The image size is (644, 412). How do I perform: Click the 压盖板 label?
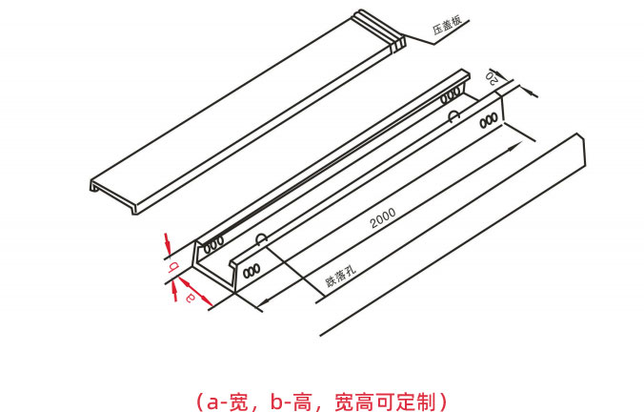(447, 25)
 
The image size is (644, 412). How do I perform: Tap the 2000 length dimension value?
(383, 218)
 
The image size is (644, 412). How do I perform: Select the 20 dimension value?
(492, 77)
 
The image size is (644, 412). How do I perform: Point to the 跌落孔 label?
(340, 276)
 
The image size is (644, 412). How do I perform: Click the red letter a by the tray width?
(191, 297)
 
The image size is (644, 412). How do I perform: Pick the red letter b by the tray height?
(173, 267)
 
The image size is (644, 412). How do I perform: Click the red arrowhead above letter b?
(167, 242)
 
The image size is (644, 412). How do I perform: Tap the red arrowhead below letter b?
(174, 293)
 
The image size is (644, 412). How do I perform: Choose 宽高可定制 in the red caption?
(385, 401)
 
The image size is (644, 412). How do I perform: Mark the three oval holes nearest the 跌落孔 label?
(252, 271)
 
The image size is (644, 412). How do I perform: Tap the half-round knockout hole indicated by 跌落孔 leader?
(261, 238)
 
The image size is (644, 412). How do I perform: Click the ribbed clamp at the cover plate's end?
(380, 31)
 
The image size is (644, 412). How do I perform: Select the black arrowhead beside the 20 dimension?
(531, 93)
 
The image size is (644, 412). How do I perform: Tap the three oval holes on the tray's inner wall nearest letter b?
(214, 245)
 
